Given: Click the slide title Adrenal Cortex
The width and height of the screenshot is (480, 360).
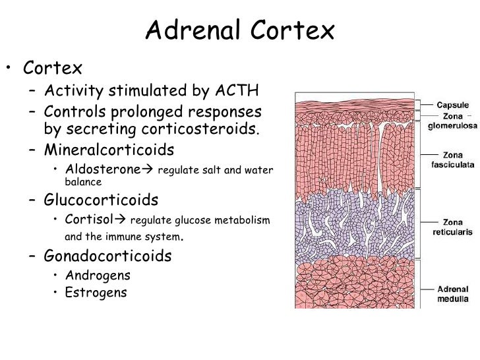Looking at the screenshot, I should pos(240,30).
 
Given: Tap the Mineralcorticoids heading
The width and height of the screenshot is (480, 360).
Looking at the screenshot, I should pos(109,148).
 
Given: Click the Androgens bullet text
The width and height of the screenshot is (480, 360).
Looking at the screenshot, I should pos(98,275).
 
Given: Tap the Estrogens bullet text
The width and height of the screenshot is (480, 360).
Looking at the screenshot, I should pos(96,292).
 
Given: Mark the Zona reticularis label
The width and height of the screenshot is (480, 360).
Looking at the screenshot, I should pos(453,227).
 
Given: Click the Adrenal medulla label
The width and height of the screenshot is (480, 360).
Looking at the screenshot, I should pos(453,293).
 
